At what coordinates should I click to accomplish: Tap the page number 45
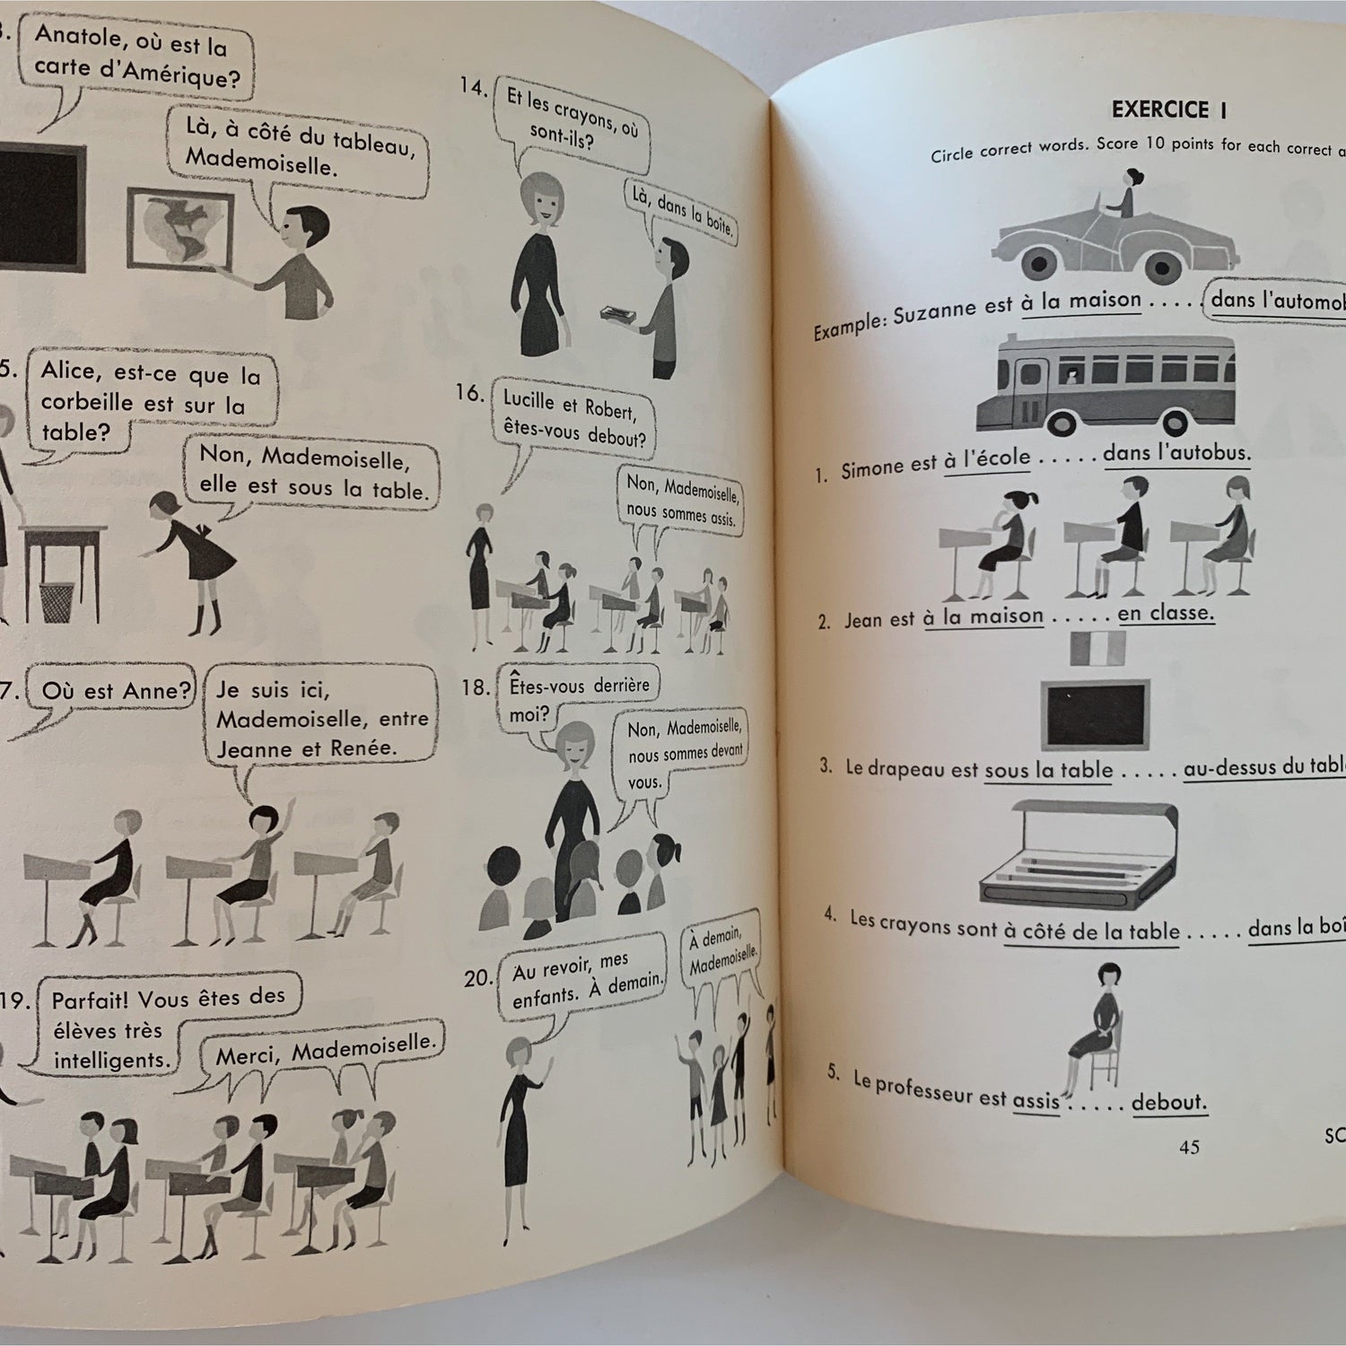pos(1188,1147)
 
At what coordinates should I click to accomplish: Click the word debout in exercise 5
pos(1168,1101)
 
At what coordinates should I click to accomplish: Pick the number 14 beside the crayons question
pos(473,87)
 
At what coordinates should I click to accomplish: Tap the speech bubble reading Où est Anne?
pos(114,691)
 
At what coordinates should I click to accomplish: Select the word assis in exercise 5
pos(1036,1099)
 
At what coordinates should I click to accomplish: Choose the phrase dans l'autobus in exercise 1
pos(1176,453)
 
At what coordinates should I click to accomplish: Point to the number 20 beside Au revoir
pos(476,979)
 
